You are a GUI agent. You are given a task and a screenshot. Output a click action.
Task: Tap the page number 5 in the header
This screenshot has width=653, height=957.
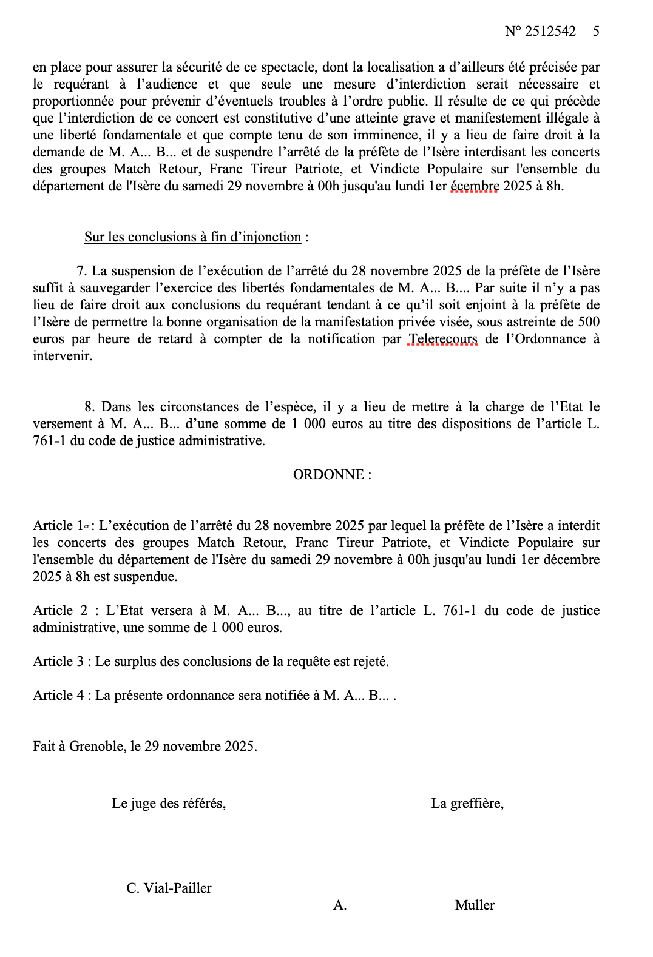click(x=596, y=31)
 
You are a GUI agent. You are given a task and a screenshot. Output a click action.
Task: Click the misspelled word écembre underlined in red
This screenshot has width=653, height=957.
click(x=474, y=186)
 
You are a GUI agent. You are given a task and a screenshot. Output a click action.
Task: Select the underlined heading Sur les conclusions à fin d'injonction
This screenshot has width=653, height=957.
click(x=192, y=237)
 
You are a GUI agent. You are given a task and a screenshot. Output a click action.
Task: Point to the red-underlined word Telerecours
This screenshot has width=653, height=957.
click(x=443, y=339)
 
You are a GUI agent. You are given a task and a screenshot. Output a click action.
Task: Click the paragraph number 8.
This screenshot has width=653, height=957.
click(x=89, y=407)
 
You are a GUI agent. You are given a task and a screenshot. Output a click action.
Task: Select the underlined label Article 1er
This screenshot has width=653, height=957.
click(x=61, y=526)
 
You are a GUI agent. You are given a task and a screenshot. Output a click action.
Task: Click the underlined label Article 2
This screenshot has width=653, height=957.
click(x=61, y=611)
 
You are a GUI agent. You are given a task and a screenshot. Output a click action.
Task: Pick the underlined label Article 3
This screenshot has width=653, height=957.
click(x=58, y=662)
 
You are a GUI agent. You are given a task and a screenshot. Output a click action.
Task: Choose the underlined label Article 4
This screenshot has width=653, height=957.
click(x=58, y=696)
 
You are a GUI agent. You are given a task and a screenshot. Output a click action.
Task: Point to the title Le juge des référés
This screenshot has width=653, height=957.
click(x=169, y=804)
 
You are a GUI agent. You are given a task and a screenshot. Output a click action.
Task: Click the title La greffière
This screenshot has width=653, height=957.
click(x=467, y=804)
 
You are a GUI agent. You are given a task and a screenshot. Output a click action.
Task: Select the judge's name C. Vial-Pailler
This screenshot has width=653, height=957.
click(x=169, y=888)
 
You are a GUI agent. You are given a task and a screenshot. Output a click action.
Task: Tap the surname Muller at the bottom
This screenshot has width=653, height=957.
click(x=475, y=905)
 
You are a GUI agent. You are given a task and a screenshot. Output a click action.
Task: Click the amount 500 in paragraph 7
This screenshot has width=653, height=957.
click(x=589, y=322)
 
